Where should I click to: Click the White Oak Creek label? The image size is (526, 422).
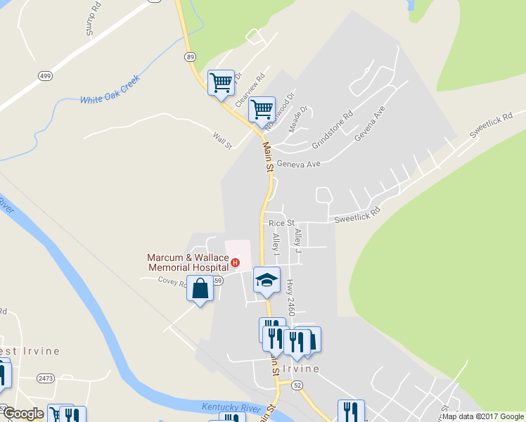click(x=110, y=89)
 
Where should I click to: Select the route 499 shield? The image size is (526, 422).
click(x=45, y=76)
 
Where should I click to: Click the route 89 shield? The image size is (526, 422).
click(x=190, y=56)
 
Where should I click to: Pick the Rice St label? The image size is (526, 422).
click(x=281, y=223)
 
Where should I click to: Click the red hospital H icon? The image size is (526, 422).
click(x=235, y=264)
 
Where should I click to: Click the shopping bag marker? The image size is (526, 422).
click(x=200, y=289)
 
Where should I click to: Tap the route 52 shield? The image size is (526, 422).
click(x=297, y=385)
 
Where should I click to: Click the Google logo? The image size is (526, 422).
click(x=23, y=414)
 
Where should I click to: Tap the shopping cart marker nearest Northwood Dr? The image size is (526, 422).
click(x=262, y=110)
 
